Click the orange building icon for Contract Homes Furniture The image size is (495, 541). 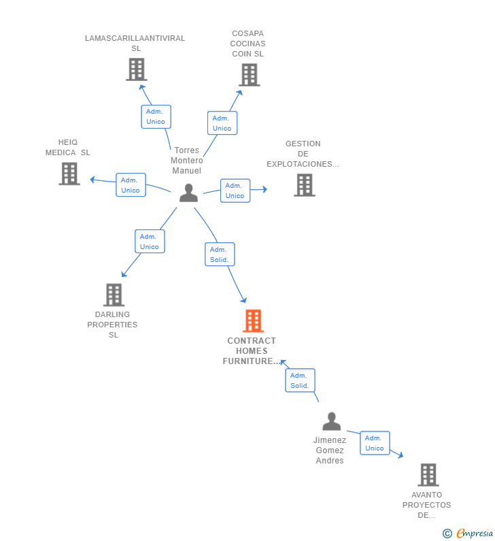pos(253,321)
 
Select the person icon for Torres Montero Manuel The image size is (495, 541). pos(188,193)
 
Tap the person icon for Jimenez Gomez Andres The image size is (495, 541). pos(332,421)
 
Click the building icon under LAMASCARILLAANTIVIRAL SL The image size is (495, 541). pos(137,69)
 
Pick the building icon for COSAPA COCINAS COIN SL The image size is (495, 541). pos(250,75)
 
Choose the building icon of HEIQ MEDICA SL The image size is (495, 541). pos(69,174)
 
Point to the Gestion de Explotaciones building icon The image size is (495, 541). pos(305,185)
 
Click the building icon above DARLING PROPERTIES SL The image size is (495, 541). pos(114,295)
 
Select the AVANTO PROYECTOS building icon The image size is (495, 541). pos(428,475)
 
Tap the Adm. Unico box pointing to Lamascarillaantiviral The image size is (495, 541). pos(156,116)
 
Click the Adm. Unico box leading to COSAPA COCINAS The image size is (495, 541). pos(222,122)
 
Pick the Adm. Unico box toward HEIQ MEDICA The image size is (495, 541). pos(131,185)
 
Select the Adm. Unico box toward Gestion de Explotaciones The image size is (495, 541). pos(235,191)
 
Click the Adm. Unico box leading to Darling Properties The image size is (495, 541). pos(150,241)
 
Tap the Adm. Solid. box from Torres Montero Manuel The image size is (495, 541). pos(220,255)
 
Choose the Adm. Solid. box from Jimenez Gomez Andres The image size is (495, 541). pos(300,380)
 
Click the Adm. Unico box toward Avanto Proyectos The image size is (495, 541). pos(375,443)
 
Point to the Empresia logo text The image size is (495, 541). pos(475,534)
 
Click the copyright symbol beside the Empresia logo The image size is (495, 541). pos(447,534)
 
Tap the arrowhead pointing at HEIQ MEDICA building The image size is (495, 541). pos(92,180)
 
